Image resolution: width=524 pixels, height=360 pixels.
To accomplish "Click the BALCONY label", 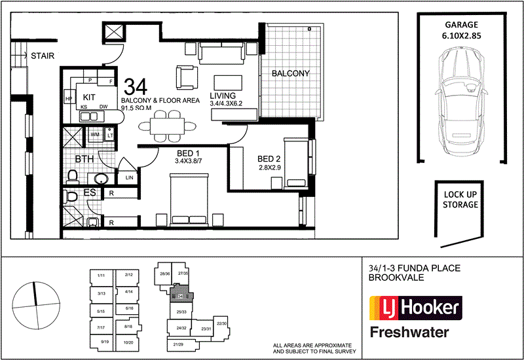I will coord(290,73).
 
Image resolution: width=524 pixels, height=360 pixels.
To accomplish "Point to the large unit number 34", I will coord(135,86).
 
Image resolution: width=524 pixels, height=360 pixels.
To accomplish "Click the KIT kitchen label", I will coord(90,96).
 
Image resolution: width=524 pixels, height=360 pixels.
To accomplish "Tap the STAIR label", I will coord(43,56).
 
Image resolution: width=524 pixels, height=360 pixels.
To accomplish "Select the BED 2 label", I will coord(269,159).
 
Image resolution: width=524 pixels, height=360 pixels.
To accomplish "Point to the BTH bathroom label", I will coord(83,159).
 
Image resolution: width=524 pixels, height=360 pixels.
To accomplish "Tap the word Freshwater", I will coord(409,332).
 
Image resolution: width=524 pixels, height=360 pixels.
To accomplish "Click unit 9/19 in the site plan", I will coord(103,341).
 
